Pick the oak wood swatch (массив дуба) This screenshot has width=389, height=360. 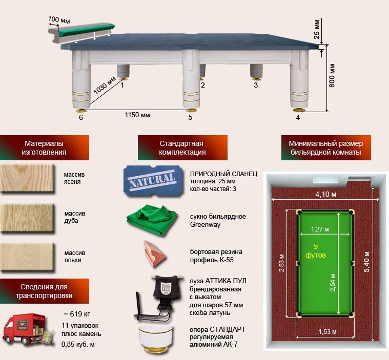click(27, 217)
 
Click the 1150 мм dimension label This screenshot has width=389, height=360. click(137, 115)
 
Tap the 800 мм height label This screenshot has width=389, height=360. click(332, 76)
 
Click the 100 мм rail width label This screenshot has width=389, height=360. click(58, 19)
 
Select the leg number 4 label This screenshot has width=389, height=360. click(298, 117)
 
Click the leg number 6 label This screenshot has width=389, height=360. click(80, 117)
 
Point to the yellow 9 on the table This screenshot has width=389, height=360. click(316, 246)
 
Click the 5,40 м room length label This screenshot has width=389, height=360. click(368, 261)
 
